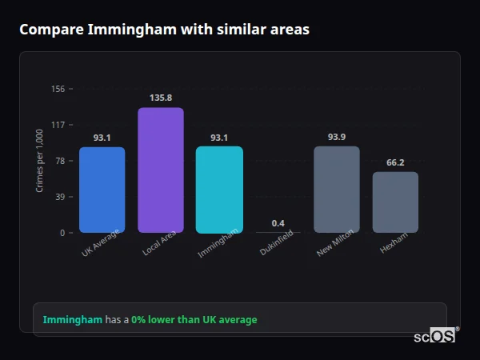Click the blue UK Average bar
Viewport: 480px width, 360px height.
pos(102,190)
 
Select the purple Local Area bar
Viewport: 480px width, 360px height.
pos(161,170)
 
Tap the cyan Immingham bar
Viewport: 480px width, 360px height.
pos(219,190)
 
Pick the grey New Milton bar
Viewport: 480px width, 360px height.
pos(337,190)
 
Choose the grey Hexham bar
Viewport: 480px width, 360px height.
pos(395,202)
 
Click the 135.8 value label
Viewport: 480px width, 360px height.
pos(161,98)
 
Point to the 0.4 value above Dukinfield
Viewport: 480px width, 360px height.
pos(278,223)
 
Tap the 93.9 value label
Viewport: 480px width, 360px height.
pos(337,137)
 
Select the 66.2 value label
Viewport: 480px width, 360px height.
pos(395,162)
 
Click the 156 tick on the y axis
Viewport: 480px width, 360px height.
pos(58,89)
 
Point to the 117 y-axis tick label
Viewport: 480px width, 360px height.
pos(58,125)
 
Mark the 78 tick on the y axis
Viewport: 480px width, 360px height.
pos(60,161)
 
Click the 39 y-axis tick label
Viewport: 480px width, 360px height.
pos(60,197)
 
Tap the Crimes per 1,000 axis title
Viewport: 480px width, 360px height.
pos(40,161)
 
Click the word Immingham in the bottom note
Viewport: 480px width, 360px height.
pos(72,320)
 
